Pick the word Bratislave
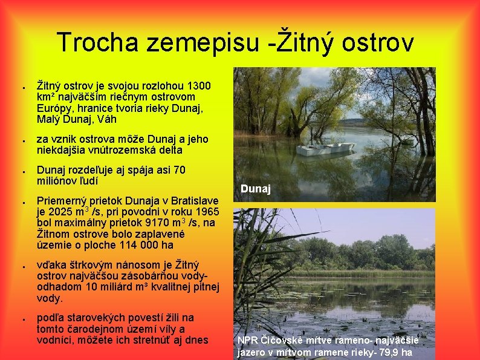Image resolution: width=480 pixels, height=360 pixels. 186,200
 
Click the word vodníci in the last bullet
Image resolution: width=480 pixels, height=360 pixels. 56,340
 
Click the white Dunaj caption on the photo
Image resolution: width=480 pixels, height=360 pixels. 255,189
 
